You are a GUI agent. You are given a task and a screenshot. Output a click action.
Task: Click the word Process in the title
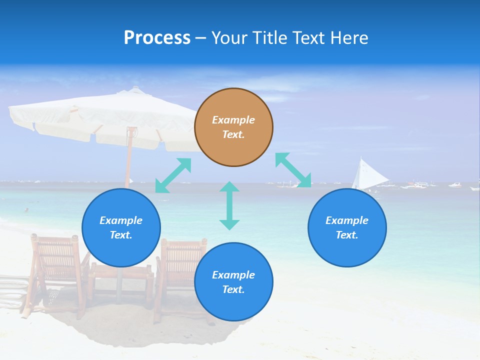click(157, 38)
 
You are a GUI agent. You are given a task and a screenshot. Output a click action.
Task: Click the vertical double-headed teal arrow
click(229, 205)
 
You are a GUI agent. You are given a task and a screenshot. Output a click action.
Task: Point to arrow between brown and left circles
click(173, 175)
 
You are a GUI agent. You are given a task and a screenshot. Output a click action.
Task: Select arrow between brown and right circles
click(293, 170)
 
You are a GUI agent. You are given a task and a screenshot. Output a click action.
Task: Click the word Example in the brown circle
click(233, 120)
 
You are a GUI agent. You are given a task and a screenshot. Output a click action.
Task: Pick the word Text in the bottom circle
click(233, 289)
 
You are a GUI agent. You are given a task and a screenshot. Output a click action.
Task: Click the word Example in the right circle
click(347, 220)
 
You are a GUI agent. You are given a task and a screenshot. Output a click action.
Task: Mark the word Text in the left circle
click(121, 235)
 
